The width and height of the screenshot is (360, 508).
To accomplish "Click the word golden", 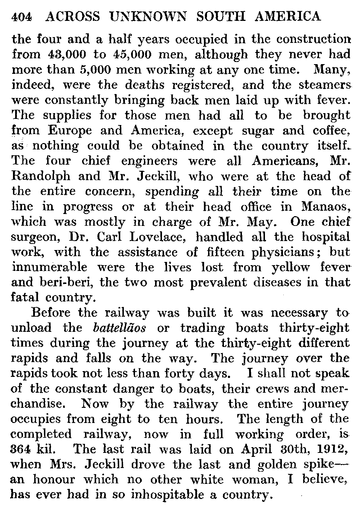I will [279, 464].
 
